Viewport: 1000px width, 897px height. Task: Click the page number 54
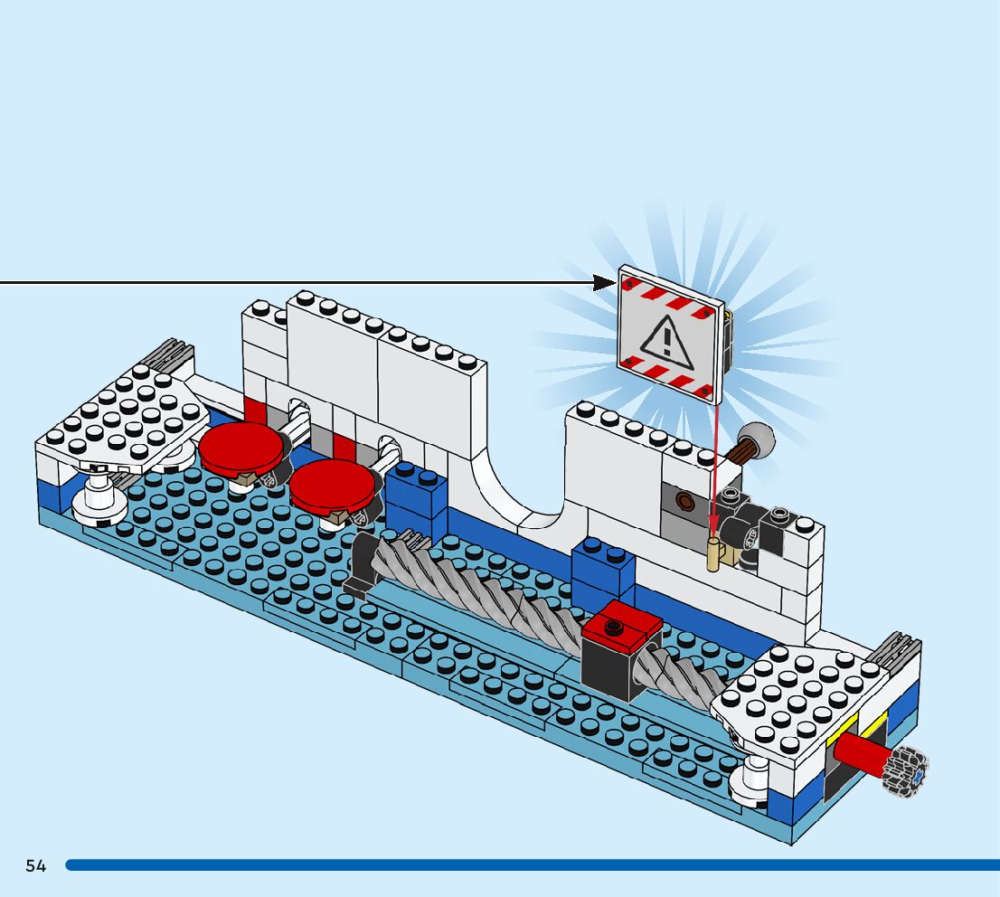[35, 865]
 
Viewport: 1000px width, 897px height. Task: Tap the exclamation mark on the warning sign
[667, 339]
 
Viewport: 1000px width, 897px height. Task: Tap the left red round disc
[241, 448]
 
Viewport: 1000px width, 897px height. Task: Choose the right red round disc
[331, 483]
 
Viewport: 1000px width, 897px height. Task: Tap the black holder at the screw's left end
[359, 565]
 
